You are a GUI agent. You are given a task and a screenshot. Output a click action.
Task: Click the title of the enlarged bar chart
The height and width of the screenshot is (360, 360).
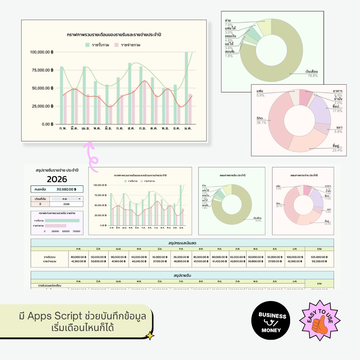tap(114, 35)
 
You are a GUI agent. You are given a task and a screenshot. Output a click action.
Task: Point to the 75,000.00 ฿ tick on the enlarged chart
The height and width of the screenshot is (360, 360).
tap(41, 70)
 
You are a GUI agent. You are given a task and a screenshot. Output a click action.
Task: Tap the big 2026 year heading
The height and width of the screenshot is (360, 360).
tap(57, 179)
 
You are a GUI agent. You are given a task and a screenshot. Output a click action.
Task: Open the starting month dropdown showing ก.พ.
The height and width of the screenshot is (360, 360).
tap(66, 199)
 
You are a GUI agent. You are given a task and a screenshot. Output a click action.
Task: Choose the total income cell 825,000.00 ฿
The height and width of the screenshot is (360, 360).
tap(319, 257)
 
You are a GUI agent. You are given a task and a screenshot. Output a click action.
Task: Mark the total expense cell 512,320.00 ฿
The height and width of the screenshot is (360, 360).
tap(319, 262)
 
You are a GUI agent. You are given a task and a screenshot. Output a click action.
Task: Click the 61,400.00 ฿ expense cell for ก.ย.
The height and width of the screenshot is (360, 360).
tap(220, 262)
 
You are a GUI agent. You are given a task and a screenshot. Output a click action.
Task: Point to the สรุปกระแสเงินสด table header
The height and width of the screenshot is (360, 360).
tap(182, 243)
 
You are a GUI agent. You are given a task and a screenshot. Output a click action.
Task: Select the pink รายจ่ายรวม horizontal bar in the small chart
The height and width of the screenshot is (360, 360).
tap(56, 226)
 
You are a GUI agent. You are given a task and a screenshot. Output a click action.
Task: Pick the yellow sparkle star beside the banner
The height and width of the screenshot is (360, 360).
tap(150, 336)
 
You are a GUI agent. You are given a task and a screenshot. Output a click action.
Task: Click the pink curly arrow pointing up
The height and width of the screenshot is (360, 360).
tap(92, 157)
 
